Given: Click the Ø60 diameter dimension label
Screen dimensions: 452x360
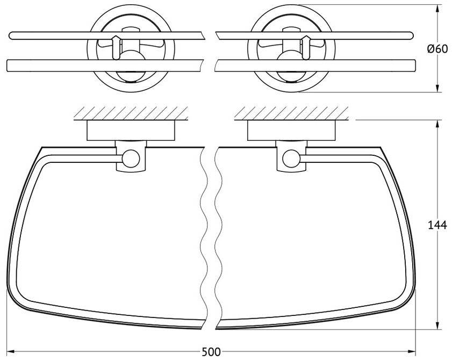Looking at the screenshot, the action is point(437,49).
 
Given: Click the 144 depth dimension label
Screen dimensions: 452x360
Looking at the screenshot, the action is point(437,225).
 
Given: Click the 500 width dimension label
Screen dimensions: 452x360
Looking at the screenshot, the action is point(211,352).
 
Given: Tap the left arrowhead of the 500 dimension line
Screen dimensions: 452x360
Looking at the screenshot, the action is point(10,351).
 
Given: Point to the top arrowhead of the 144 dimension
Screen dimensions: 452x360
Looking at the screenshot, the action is point(437,124).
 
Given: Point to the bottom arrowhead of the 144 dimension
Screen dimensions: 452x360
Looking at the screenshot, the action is point(437,325).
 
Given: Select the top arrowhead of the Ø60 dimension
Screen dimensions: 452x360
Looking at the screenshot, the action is point(437,9).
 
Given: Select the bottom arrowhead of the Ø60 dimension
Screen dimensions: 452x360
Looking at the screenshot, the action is point(437,88).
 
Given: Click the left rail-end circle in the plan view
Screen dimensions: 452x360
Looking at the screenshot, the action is point(131,159).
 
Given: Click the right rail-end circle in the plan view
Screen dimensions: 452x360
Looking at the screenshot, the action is point(292,159).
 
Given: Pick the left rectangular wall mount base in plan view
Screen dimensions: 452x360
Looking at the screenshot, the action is point(131,130).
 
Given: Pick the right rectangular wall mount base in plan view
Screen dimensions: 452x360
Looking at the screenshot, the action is point(291,130).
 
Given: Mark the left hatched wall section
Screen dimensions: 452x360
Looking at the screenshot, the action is point(131,113).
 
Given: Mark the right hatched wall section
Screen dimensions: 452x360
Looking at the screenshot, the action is point(291,113).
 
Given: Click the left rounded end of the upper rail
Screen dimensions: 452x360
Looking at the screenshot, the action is point(11,36).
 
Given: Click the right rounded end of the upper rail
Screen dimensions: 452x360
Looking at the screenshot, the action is point(411,36).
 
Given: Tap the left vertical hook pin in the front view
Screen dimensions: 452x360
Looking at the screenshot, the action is point(116,48).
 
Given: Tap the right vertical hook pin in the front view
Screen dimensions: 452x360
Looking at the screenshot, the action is point(306,48).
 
